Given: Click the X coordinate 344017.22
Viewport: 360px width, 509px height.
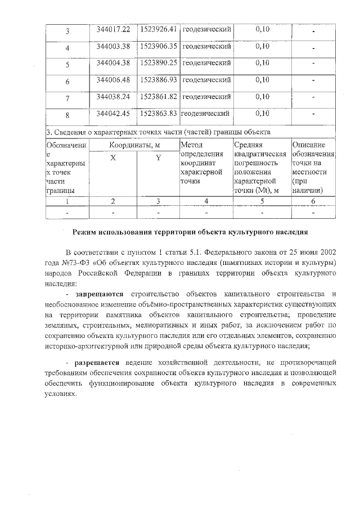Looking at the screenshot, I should (113, 29).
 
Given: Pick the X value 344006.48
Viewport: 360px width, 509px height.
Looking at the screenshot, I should (113, 80).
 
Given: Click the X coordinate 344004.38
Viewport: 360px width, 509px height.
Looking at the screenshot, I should (113, 63).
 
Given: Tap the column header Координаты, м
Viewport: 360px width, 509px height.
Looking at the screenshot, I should (134, 145).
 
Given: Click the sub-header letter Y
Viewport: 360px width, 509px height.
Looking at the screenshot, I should (158, 159).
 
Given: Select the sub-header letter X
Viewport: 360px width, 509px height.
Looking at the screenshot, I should (113, 159).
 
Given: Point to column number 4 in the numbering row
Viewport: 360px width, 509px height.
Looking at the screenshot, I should (206, 201).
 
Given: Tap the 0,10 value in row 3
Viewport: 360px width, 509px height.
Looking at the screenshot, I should (262, 29).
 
